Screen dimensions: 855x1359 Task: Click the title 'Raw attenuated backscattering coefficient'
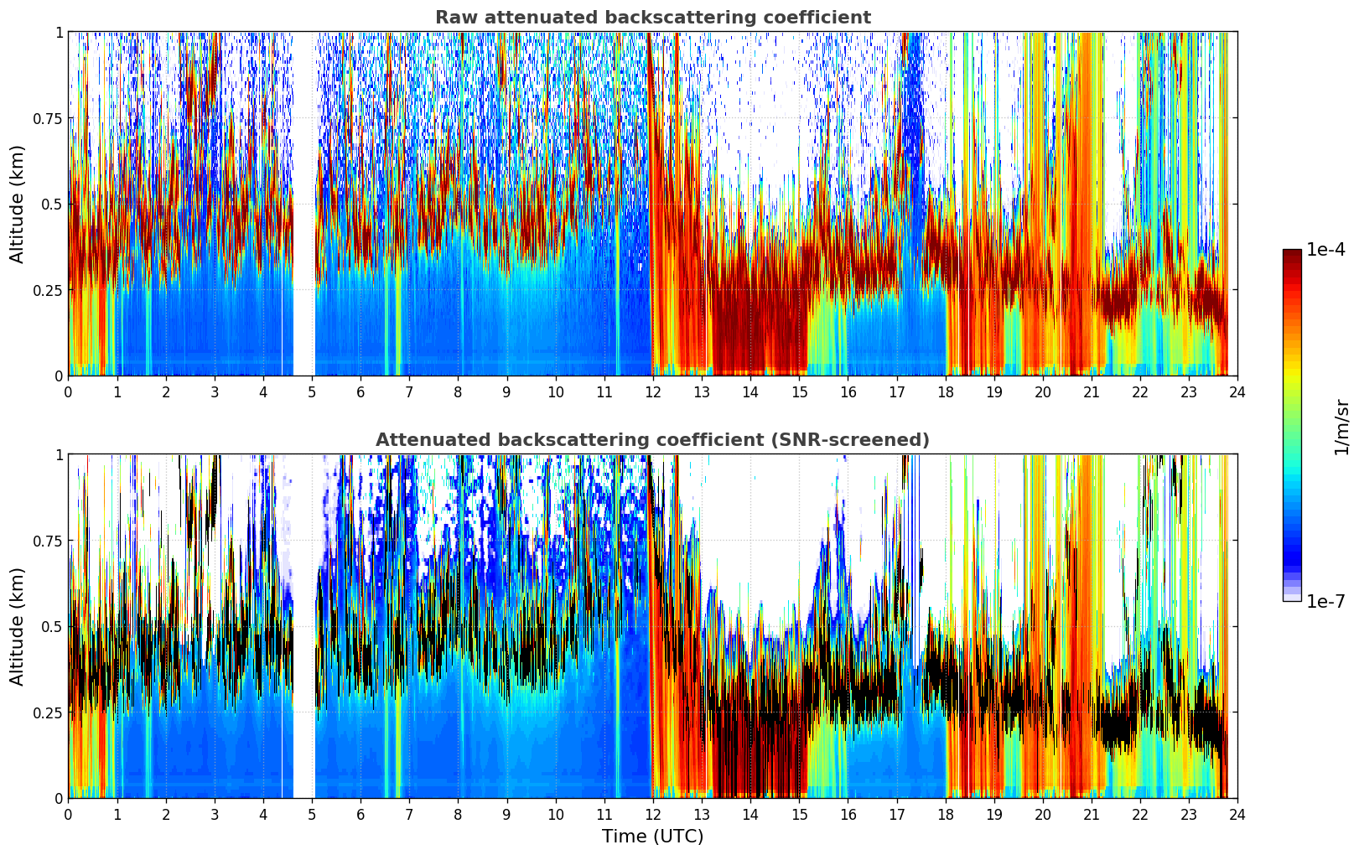click(x=652, y=18)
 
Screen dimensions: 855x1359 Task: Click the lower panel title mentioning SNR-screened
click(x=652, y=440)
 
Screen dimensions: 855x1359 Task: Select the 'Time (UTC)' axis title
click(x=652, y=837)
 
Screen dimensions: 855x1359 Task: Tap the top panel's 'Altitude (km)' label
click(x=18, y=204)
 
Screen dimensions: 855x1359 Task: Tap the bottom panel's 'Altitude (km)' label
click(x=18, y=626)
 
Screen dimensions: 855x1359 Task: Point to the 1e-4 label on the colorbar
click(x=1325, y=250)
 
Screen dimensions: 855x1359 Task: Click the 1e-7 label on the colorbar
click(x=1325, y=602)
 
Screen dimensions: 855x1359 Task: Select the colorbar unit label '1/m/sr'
click(x=1341, y=427)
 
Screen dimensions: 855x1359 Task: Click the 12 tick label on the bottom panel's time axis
click(x=652, y=815)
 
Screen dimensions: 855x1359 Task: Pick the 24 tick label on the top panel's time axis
click(x=1237, y=392)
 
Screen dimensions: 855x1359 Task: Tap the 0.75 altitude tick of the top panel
click(x=48, y=118)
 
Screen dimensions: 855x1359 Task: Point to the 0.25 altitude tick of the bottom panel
click(x=48, y=712)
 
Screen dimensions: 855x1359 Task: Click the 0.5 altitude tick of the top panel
click(x=53, y=204)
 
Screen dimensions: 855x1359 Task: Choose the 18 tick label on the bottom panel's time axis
click(x=945, y=815)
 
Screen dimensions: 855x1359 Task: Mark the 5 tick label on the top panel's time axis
click(x=312, y=392)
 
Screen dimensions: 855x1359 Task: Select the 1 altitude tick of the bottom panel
click(x=59, y=455)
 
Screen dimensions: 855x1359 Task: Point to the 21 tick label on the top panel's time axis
click(x=1091, y=392)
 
